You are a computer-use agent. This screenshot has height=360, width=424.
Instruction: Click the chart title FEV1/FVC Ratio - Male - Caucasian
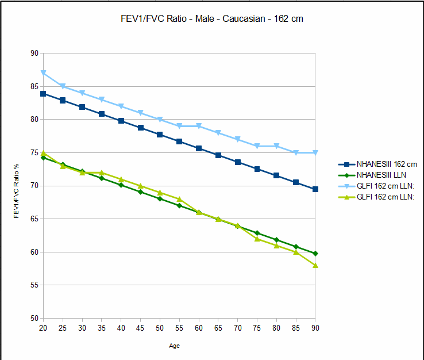click(209, 19)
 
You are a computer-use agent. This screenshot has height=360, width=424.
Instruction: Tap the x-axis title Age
click(174, 346)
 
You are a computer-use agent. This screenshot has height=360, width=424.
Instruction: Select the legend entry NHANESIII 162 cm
click(387, 164)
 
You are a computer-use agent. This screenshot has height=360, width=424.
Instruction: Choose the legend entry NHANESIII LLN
click(381, 175)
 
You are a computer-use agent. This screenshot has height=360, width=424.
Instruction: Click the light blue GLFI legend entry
click(386, 186)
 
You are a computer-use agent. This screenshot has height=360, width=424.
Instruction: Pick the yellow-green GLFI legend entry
click(386, 197)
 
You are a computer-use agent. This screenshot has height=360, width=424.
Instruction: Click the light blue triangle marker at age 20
click(43, 73)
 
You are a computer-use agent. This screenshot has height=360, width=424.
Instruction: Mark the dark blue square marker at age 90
click(315, 189)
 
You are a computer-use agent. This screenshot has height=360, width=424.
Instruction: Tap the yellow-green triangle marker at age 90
click(315, 265)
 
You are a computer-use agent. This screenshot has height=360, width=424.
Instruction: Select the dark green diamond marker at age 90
click(315, 254)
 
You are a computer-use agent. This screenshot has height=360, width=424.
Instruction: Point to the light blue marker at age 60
click(198, 126)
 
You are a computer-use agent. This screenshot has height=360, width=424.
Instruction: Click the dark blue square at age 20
click(43, 94)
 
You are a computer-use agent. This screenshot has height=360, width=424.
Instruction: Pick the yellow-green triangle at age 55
click(179, 199)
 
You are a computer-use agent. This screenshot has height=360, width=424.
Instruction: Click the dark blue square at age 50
click(160, 135)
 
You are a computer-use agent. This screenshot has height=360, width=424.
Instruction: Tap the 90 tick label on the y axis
click(34, 53)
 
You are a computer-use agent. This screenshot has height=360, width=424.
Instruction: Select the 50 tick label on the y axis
click(34, 318)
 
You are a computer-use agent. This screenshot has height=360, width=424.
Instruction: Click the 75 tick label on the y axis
click(34, 153)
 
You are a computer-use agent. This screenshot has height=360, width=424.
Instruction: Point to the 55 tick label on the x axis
click(179, 328)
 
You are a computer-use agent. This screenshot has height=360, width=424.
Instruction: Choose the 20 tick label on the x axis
click(43, 328)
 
